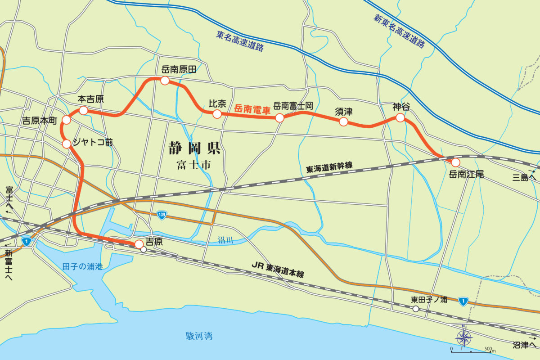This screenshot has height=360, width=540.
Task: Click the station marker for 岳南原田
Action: (x=165, y=81)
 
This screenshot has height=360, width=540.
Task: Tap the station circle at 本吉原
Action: (x=83, y=110)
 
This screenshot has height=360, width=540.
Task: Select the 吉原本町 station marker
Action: (x=67, y=120)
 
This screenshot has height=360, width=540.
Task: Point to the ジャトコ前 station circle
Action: (x=67, y=144)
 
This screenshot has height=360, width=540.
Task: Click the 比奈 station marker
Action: (x=217, y=114)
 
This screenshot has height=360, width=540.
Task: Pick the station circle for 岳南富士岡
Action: (x=279, y=118)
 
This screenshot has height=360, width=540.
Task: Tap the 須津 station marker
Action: (x=343, y=122)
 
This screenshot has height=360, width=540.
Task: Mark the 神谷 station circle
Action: (x=400, y=118)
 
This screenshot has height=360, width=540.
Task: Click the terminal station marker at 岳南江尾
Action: (x=455, y=162)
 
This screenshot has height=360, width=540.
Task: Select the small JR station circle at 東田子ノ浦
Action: (x=416, y=309)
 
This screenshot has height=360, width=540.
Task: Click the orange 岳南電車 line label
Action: (x=252, y=108)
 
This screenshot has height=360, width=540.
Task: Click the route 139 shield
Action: (x=162, y=215)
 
